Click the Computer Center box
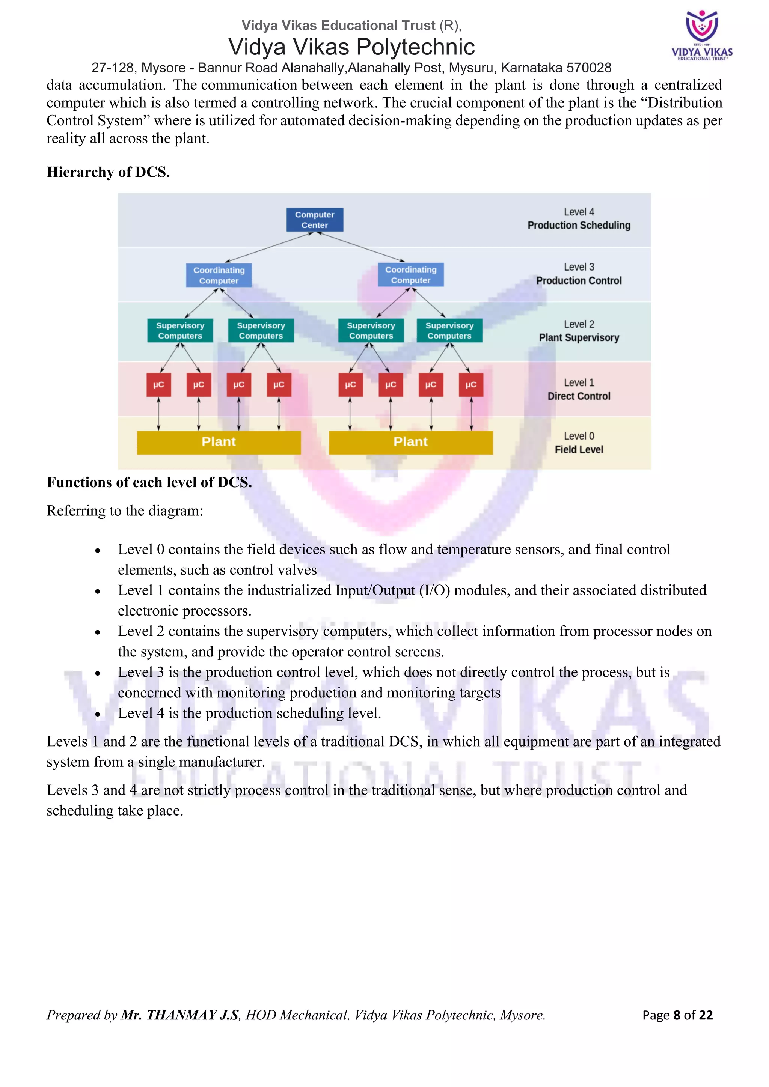point(314,220)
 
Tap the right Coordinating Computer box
point(410,275)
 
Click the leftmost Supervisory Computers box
point(180,330)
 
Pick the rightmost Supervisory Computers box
point(449,330)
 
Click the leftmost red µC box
point(158,384)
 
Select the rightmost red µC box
point(471,384)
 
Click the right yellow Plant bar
point(410,442)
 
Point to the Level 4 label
point(579,212)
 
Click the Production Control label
point(579,281)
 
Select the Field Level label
point(579,449)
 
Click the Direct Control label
point(579,396)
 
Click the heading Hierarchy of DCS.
point(108,172)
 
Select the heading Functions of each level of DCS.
point(149,482)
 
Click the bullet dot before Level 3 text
point(98,673)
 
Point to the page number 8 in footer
point(677,1015)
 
